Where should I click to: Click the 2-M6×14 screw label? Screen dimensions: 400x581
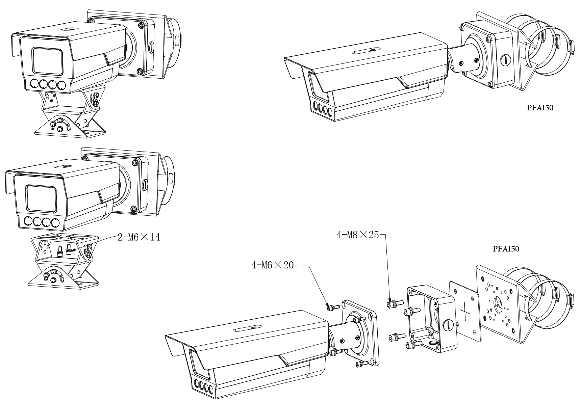click(x=138, y=237)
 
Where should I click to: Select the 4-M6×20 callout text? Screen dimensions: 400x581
click(x=272, y=265)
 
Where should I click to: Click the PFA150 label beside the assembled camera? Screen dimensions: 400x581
click(x=540, y=108)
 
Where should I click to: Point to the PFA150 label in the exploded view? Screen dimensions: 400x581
click(x=506, y=249)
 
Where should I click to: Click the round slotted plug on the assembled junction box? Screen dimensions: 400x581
click(x=505, y=60)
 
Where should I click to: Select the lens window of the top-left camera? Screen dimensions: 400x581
click(x=47, y=61)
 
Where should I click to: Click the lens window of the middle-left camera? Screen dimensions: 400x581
click(x=42, y=198)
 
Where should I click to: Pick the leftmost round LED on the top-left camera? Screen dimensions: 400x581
click(x=34, y=84)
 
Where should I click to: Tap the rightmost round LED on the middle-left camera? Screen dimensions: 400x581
click(x=54, y=222)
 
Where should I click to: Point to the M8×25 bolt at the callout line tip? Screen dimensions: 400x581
click(x=392, y=304)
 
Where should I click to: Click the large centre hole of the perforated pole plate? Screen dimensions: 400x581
click(x=498, y=301)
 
